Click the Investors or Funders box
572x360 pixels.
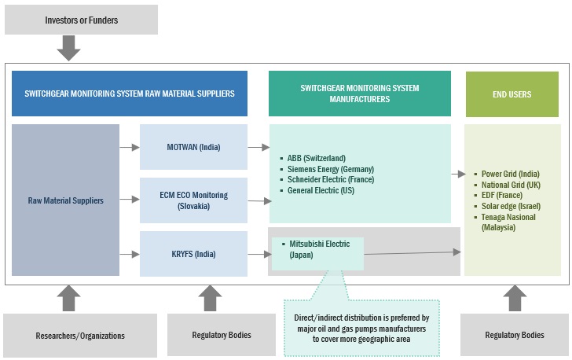tap(81, 20)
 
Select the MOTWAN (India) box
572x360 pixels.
tap(193, 147)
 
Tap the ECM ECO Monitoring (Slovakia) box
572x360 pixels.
tap(193, 200)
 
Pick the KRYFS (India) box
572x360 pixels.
tap(193, 254)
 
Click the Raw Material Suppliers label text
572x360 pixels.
tap(66, 200)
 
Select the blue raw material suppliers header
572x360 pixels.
tap(130, 94)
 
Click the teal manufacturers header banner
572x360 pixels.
tap(360, 94)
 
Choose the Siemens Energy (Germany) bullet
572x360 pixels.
tap(329, 168)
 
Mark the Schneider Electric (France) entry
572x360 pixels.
tap(331, 179)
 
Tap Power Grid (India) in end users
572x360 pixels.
tap(510, 174)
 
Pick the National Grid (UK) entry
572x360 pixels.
tap(511, 185)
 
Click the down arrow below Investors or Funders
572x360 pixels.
tap(69, 48)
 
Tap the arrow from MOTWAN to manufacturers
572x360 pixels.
tap(257, 147)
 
